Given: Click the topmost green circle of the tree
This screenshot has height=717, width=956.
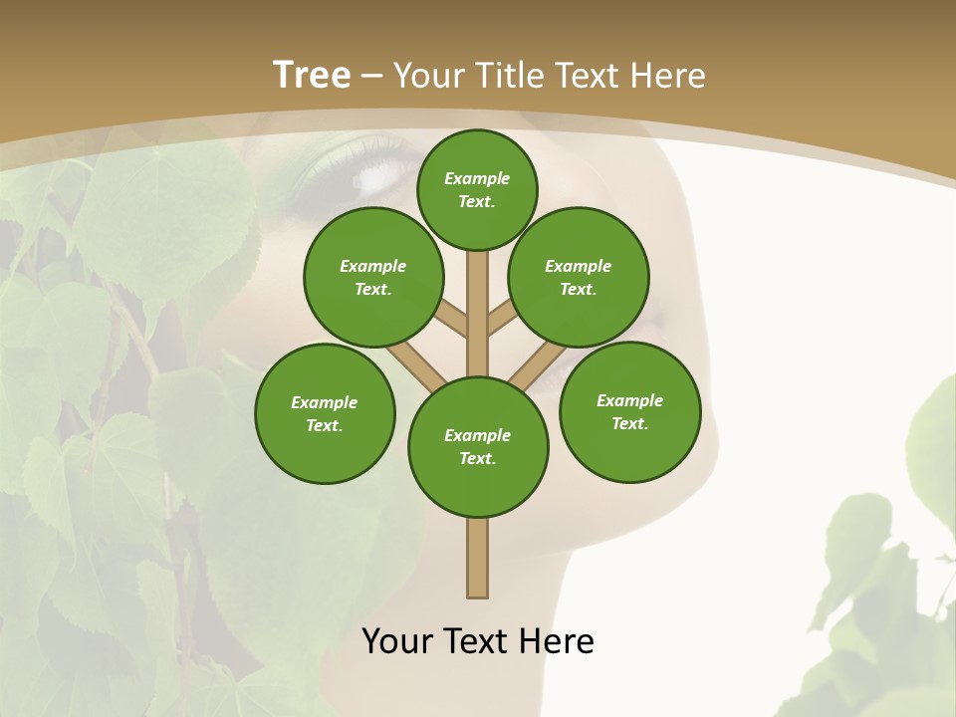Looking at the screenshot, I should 477,189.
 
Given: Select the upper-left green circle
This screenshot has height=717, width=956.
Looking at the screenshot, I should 373,277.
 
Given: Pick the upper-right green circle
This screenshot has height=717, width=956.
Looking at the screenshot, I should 579,277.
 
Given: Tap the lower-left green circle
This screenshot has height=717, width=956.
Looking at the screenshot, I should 325,413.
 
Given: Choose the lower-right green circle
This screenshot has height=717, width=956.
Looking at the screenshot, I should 630,411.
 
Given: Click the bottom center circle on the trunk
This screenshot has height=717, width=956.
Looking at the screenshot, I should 478,447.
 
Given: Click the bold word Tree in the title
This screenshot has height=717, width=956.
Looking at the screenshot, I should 312,75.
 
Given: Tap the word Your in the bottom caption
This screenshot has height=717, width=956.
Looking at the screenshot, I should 397,640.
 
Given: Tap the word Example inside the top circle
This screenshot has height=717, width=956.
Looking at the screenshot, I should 477,178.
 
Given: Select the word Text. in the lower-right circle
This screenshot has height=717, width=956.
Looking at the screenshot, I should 630,423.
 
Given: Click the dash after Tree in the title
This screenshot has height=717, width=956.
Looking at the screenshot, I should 372,75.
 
